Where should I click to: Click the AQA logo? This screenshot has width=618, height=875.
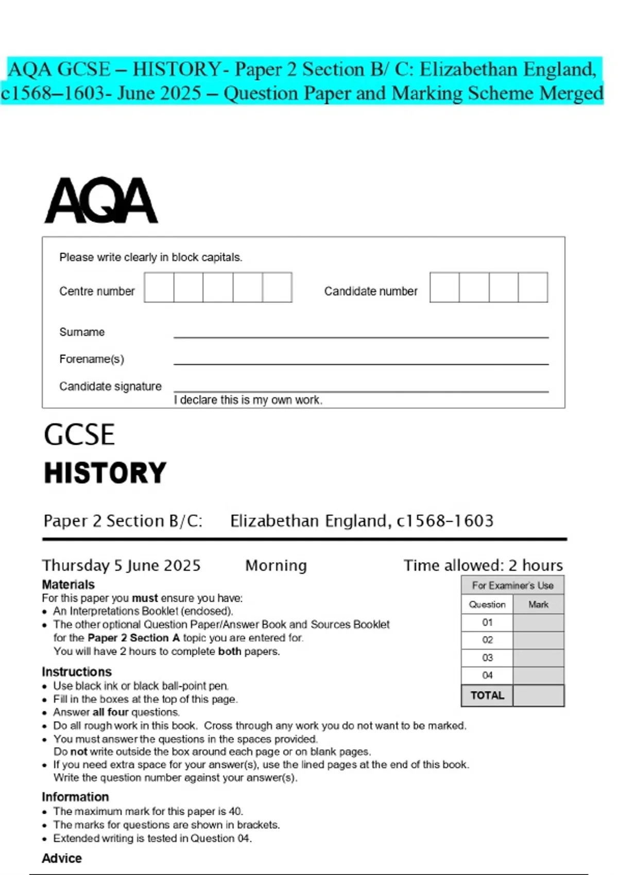click(101, 201)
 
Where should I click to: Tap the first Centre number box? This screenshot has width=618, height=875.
click(159, 287)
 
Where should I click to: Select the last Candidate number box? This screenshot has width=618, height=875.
click(533, 287)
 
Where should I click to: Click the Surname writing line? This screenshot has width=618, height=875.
click(360, 336)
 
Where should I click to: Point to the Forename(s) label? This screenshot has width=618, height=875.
click(92, 359)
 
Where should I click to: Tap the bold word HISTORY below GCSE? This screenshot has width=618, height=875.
click(105, 473)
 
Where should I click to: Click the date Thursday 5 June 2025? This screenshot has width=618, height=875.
click(122, 565)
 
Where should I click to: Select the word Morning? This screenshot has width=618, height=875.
click(276, 565)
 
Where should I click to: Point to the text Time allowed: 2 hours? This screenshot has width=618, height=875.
click(483, 565)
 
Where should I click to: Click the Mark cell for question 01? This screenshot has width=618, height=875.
click(538, 622)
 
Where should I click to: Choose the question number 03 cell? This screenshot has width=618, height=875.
click(487, 658)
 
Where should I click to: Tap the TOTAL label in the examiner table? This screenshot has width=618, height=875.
click(487, 695)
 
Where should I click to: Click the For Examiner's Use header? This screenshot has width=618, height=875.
click(512, 585)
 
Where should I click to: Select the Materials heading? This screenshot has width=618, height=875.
click(68, 585)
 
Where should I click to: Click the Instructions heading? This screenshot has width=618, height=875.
click(77, 672)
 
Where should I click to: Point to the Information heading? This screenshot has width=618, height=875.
click(75, 797)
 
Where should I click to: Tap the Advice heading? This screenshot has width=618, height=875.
click(62, 858)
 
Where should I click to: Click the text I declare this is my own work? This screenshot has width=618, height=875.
click(248, 400)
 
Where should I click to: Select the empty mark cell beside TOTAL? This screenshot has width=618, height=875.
click(538, 695)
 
